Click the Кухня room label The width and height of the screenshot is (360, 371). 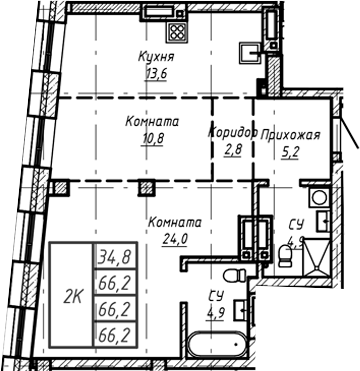(x=155, y=57)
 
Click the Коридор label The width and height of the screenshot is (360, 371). (x=232, y=132)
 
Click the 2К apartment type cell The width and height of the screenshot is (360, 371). (x=73, y=296)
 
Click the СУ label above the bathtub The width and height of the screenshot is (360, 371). (x=215, y=296)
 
